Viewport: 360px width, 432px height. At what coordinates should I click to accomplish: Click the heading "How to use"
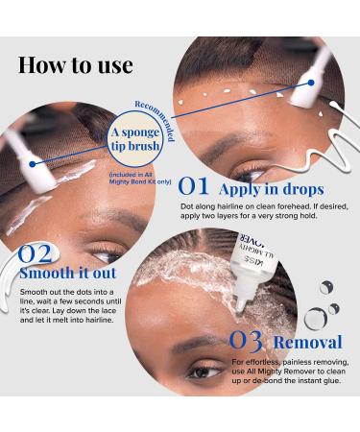(x=75, y=65)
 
